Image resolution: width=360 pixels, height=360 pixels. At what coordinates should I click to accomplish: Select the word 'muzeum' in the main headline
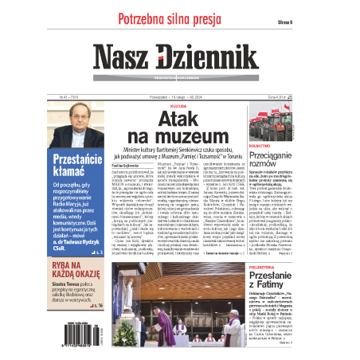[181, 138]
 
